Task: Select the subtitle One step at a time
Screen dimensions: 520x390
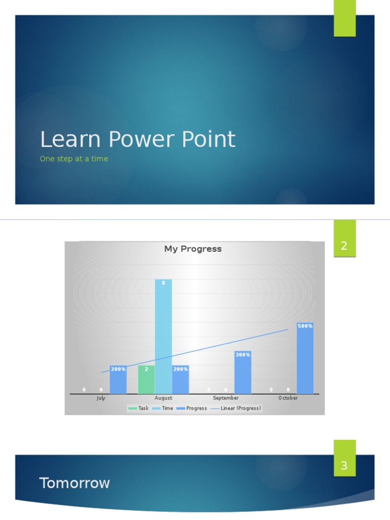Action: pyautogui.click(x=74, y=159)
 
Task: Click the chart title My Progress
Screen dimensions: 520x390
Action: pyautogui.click(x=193, y=249)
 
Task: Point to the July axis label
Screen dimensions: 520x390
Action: pyautogui.click(x=101, y=398)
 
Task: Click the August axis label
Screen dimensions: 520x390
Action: pyautogui.click(x=164, y=398)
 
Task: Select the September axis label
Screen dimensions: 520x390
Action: pyautogui.click(x=225, y=398)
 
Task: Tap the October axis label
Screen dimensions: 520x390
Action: pyautogui.click(x=288, y=398)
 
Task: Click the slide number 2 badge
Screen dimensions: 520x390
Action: pyautogui.click(x=344, y=246)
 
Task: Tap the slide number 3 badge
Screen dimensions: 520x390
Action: pyautogui.click(x=344, y=465)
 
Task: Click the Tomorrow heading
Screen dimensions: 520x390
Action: pyautogui.click(x=75, y=483)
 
